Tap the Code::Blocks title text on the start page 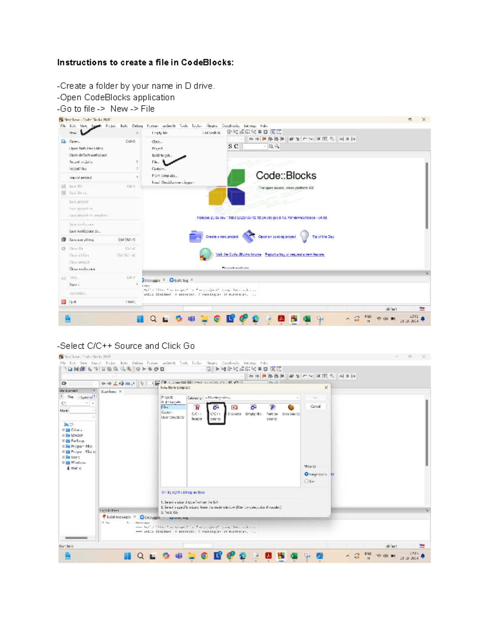tap(286, 176)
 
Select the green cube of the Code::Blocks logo tap(236, 177)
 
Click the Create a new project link tap(222, 237)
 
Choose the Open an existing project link tap(277, 237)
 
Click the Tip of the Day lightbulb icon tap(304, 236)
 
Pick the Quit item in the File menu tap(73, 302)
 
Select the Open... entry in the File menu tap(74, 142)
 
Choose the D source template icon tap(234, 408)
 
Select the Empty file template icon tap(253, 408)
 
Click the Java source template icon tap(291, 408)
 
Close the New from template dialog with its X tap(326, 387)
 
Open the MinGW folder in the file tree tap(76, 435)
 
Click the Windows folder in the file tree tap(78, 462)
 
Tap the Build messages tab tap(118, 517)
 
